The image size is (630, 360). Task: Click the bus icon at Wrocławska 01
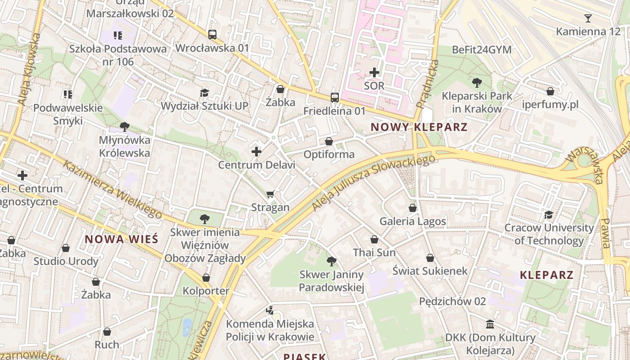click(x=212, y=35)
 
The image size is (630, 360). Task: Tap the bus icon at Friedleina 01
click(x=334, y=97)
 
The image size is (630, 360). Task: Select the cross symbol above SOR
click(x=374, y=72)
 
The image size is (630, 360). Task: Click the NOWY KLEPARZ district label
click(x=419, y=127)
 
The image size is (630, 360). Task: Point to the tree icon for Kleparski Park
click(x=477, y=83)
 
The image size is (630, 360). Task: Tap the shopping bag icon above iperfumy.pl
click(x=550, y=92)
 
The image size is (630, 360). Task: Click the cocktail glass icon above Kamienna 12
click(x=588, y=18)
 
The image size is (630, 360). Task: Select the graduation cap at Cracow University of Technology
click(x=549, y=215)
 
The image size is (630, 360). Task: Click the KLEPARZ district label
click(x=546, y=275)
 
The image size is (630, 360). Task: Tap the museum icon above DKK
click(x=490, y=324)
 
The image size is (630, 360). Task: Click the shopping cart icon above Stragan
click(x=270, y=194)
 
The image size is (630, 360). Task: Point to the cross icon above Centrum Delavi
click(x=256, y=152)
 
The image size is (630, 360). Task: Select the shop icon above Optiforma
click(x=329, y=142)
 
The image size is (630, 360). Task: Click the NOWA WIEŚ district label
click(x=121, y=239)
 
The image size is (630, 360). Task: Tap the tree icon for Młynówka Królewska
click(x=125, y=127)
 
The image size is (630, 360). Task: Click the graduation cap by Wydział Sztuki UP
click(x=205, y=93)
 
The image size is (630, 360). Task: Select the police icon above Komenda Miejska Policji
click(x=270, y=310)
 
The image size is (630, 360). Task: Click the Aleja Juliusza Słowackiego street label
click(x=373, y=182)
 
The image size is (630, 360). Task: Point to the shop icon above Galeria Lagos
click(x=413, y=208)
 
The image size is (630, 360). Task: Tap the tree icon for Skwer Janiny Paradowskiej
click(x=332, y=261)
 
